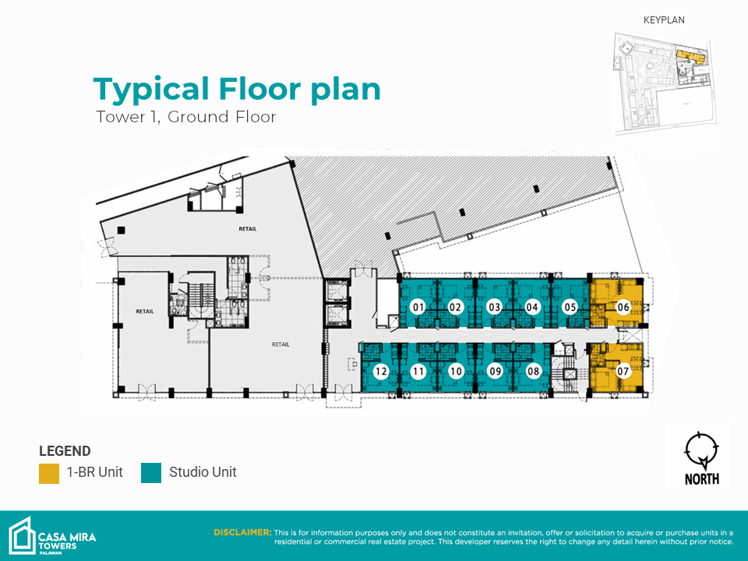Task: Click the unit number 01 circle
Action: pos(418,307)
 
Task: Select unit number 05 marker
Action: pos(570,307)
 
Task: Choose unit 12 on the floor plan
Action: pos(381,371)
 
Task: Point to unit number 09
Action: pos(496,371)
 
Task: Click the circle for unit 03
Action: pos(495,307)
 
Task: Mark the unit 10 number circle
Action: pos(457,371)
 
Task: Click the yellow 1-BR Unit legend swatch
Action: pos(49,473)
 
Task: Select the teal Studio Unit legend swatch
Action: pos(151,473)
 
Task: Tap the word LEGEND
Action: pos(65,451)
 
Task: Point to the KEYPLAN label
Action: pos(664,20)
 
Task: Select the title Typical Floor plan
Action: pos(237,89)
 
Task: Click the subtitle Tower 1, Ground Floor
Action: pos(186,117)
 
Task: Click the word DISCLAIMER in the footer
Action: pos(242,532)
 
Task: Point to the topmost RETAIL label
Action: pos(248,229)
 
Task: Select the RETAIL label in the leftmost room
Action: pos(145,312)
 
